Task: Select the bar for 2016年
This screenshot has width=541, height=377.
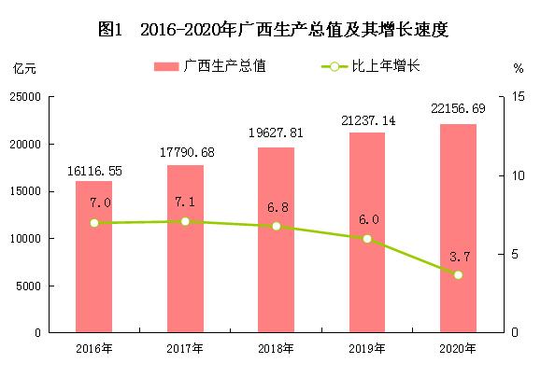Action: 93,257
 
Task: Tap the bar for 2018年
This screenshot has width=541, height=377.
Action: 276,240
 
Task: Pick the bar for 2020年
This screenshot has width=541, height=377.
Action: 458,229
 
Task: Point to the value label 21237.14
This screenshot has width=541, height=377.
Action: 367,121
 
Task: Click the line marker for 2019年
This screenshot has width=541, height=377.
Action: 367,239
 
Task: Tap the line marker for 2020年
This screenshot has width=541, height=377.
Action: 458,274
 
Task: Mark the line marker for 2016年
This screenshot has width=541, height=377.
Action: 94,223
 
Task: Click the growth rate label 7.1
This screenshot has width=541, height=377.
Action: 185,202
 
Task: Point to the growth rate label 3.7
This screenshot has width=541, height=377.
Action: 458,255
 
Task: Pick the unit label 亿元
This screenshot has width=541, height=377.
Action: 24,69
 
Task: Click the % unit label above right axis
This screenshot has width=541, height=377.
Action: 519,69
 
